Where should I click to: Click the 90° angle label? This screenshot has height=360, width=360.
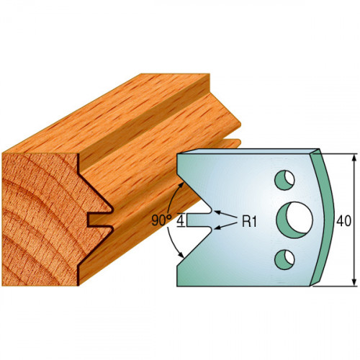coord(161,220)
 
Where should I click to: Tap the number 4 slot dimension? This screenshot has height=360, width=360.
coord(181,220)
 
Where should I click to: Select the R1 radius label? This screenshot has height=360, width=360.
coord(249,221)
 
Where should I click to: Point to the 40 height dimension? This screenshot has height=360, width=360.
coord(343,221)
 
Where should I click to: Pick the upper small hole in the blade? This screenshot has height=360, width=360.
coord(284,180)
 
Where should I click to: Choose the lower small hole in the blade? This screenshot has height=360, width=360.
coord(284,259)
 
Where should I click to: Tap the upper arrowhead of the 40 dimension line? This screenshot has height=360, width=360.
coord(354,158)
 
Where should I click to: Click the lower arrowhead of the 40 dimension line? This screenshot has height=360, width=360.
coord(354,282)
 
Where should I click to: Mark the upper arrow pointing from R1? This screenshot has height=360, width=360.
coord(225,215)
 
